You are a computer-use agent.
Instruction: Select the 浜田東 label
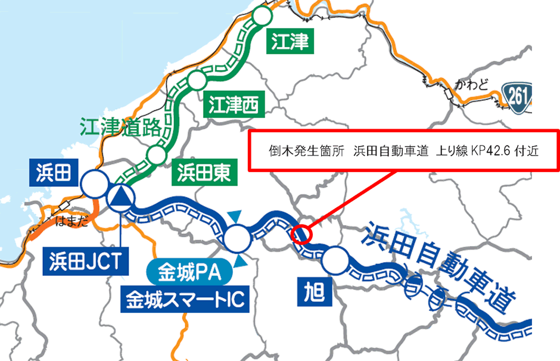204,173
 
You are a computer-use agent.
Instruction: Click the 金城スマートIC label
184,298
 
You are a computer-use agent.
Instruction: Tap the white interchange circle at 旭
334,259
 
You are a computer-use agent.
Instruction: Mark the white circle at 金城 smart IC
238,239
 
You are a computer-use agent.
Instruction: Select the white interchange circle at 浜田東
156,154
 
